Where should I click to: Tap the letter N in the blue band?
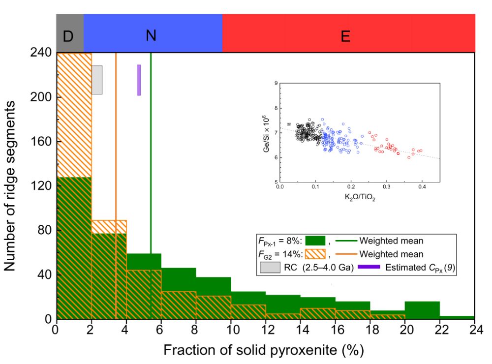coord(153,35)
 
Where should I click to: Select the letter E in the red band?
coord(345,36)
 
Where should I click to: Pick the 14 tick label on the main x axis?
coord(301,330)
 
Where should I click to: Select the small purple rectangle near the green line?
coord(139,80)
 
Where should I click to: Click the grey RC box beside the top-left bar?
coord(97,80)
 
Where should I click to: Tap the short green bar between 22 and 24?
coord(457,317)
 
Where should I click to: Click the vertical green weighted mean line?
coord(151,148)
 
